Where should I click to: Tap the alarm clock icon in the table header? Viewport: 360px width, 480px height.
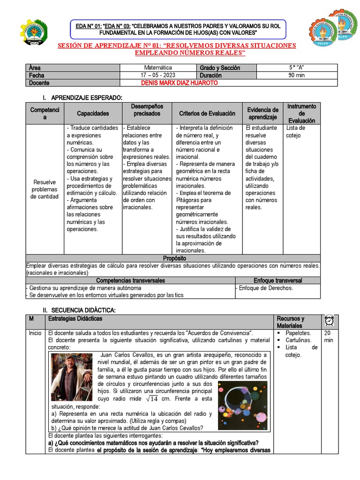tap(329, 321)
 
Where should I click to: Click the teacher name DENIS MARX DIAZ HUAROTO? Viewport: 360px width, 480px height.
tap(179, 83)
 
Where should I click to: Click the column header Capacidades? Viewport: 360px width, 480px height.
tap(93, 113)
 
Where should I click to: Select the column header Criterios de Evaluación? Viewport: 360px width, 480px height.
tap(207, 113)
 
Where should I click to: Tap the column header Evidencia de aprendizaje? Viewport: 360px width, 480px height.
tap(262, 113)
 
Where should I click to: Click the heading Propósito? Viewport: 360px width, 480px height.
tap(174, 258)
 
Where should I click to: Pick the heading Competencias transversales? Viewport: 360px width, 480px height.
tap(130, 280)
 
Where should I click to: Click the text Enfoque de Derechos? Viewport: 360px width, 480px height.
tap(266, 288)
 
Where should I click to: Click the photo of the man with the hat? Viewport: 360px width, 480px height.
tap(71, 377)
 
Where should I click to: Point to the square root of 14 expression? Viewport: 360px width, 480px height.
tap(152, 398)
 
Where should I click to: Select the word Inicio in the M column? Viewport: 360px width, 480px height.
tap(35, 333)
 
